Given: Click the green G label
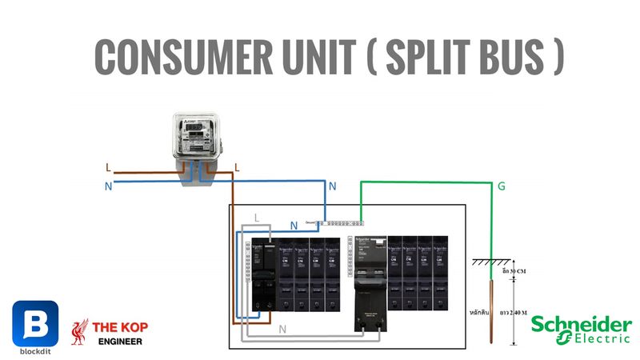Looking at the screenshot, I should tap(502, 186).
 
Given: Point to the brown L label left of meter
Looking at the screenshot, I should tap(108, 168).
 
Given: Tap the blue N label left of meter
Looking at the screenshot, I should tap(108, 185).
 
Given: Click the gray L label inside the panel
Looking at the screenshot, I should tap(256, 218).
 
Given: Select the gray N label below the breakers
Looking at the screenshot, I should tap(282, 329).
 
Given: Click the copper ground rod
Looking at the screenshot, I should tap(491, 308).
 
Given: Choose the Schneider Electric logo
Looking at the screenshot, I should tap(581, 329).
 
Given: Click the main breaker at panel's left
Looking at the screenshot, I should tap(262, 276).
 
